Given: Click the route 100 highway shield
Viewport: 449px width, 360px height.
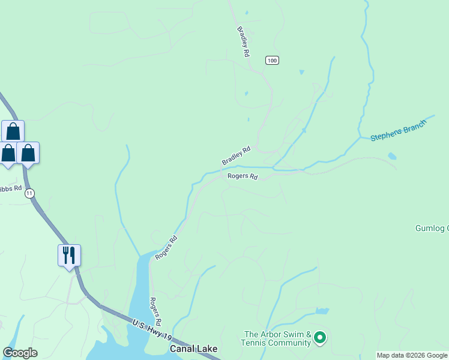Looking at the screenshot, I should (272, 61).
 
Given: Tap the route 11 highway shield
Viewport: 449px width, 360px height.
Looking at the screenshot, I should (30, 193).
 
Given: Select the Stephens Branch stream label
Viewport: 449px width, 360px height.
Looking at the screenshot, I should (398, 130).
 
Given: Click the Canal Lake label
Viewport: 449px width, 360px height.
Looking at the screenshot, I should (193, 349).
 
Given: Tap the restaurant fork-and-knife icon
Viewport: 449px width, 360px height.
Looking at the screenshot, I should (70, 255).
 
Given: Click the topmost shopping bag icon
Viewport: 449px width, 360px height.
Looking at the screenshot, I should (13, 131).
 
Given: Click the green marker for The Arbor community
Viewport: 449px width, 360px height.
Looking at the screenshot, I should (320, 338).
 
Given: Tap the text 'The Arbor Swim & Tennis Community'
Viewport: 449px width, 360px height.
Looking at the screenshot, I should (277, 338).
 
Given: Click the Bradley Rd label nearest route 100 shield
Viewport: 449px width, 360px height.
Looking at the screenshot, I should (243, 42).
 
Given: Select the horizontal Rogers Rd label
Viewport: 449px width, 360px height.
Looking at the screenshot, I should (243, 176).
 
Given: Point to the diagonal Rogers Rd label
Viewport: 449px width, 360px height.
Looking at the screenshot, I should (166, 247).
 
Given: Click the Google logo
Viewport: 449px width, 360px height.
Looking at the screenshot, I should (20, 353).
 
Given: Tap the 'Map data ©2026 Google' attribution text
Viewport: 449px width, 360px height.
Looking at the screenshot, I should (412, 355).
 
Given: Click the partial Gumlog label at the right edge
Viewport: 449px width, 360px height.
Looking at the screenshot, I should (432, 228).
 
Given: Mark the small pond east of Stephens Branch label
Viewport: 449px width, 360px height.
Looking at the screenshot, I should (392, 156).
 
